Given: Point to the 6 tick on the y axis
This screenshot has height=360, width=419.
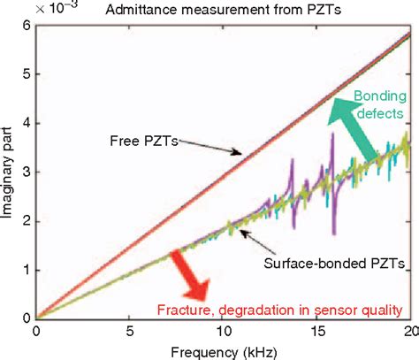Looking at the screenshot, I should click(24, 27).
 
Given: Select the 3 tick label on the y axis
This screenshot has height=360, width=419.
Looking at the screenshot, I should click(24, 172).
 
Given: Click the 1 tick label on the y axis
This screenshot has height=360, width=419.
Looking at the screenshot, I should click(24, 270).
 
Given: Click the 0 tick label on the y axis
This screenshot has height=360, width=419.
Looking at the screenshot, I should click(24, 318).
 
